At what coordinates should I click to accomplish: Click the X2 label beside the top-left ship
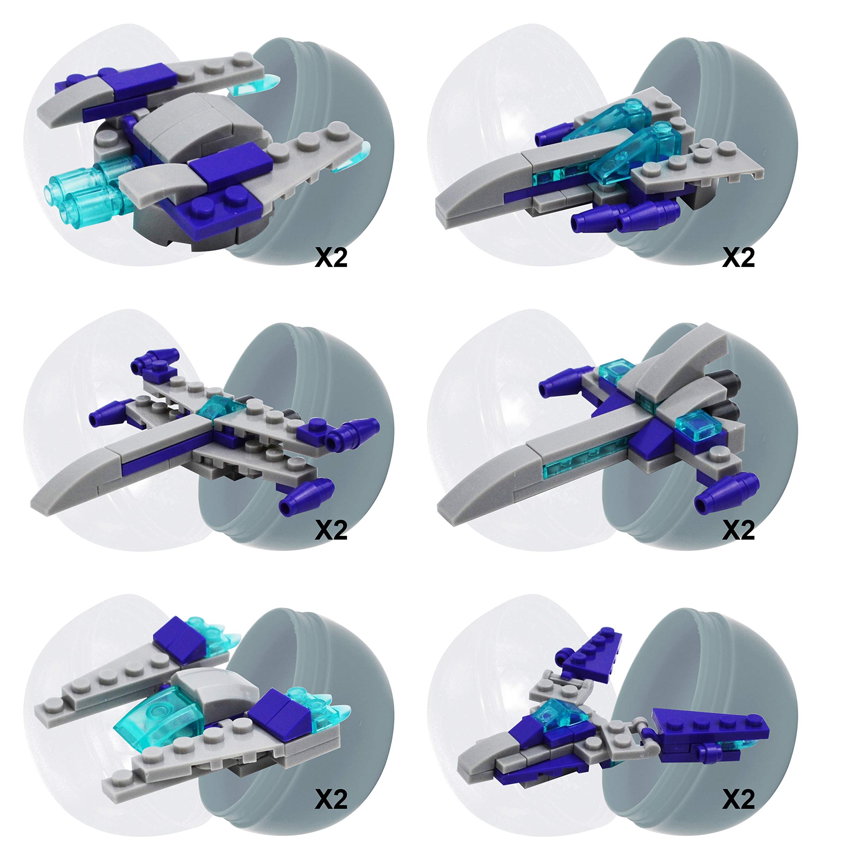[x=331, y=258]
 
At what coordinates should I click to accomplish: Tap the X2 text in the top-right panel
[x=738, y=258]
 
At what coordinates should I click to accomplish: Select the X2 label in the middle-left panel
[x=331, y=530]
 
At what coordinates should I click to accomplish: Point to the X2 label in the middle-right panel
[x=738, y=530]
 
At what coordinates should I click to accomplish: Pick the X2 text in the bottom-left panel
[x=331, y=799]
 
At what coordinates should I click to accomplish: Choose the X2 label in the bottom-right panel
[x=738, y=799]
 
